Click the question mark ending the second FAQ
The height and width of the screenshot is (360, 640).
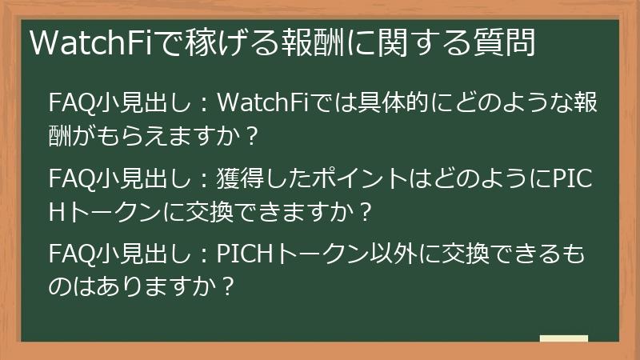tap(364, 212)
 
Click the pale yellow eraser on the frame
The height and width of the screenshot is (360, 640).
tap(563, 338)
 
